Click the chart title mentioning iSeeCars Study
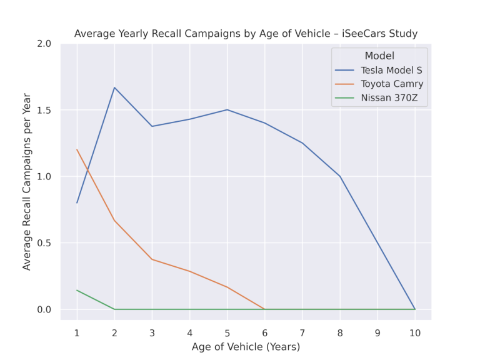pyautogui.click(x=246, y=33)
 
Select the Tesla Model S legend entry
pyautogui.click(x=391, y=70)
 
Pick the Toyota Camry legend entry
pyautogui.click(x=391, y=84)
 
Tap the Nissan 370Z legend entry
pyautogui.click(x=389, y=97)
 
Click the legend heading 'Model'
pyautogui.click(x=379, y=56)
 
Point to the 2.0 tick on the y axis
pyautogui.click(x=44, y=44)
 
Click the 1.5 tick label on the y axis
pyautogui.click(x=44, y=111)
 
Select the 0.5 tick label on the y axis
pyautogui.click(x=44, y=243)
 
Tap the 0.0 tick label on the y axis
pyautogui.click(x=44, y=309)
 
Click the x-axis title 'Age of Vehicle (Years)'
pyautogui.click(x=246, y=346)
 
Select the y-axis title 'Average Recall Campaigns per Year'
pyautogui.click(x=27, y=181)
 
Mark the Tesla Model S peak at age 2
pyautogui.click(x=114, y=87)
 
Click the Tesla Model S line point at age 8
pyautogui.click(x=340, y=177)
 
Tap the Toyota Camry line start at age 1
pyautogui.click(x=77, y=150)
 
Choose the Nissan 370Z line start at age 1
pyautogui.click(x=77, y=290)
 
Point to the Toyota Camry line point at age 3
pyautogui.click(x=152, y=259)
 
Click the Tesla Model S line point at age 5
pyautogui.click(x=227, y=110)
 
